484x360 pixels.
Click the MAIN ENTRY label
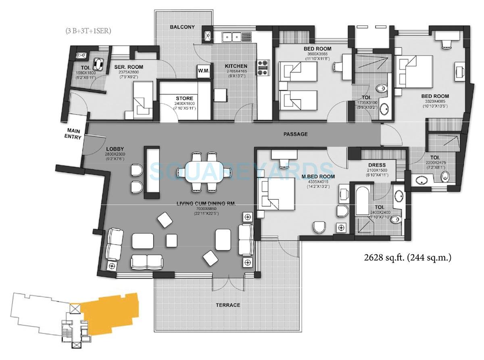pos(74,134)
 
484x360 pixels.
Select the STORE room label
pos(184,98)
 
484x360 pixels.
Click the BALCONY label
pos(182,27)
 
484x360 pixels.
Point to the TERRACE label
pos(228,305)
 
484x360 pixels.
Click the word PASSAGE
pos(295,134)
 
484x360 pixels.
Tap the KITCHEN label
pos(236,66)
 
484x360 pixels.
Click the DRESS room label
pos(377,165)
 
